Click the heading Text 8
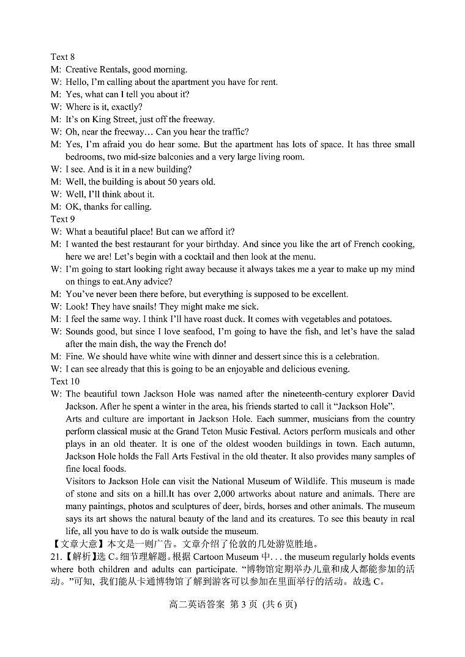tap(62, 57)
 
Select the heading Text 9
tap(62, 219)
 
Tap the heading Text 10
tap(65, 381)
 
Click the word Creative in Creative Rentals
tap(83, 70)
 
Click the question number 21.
tap(56, 557)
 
